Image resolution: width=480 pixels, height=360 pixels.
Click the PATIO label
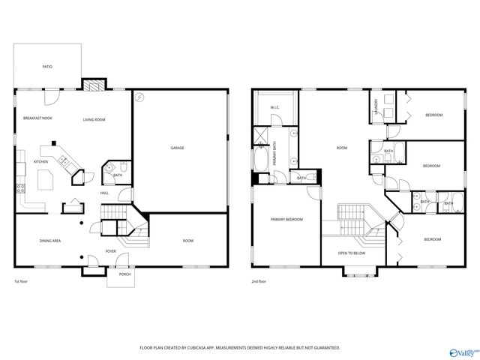(x=47, y=67)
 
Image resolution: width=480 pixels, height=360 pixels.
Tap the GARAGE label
(x=177, y=148)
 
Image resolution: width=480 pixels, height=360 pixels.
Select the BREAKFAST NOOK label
(x=37, y=118)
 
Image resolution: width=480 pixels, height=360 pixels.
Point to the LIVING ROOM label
(x=94, y=119)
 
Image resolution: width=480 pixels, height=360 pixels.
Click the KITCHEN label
(x=40, y=162)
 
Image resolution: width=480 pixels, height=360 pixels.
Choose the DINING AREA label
(x=50, y=241)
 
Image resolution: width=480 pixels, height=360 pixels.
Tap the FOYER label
(x=110, y=251)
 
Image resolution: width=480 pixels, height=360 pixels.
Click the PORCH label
(x=124, y=274)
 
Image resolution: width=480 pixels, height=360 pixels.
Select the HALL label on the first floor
(x=105, y=193)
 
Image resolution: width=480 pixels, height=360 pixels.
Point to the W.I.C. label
(x=274, y=108)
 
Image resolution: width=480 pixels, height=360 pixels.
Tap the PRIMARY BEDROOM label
(x=287, y=220)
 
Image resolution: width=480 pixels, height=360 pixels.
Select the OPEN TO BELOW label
(x=352, y=253)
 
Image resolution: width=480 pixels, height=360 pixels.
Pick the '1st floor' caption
(x=21, y=282)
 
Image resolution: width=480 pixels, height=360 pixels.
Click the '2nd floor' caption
(x=259, y=282)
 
